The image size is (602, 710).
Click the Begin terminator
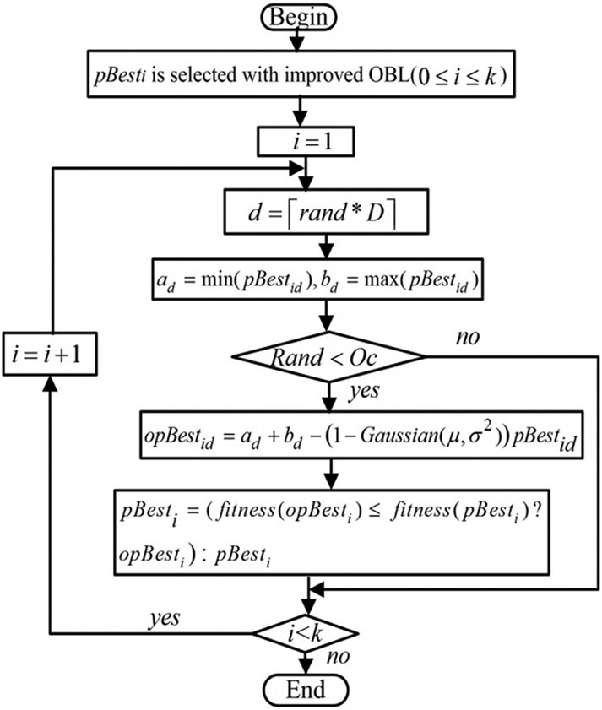pyautogui.click(x=301, y=16)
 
